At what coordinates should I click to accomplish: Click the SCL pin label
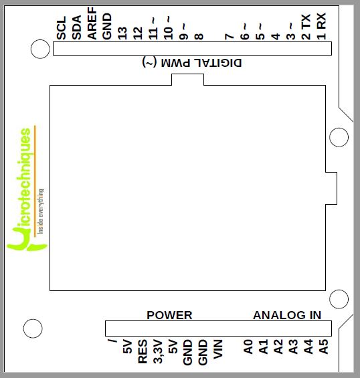pos(62,28)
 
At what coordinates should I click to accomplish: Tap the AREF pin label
pos(92,23)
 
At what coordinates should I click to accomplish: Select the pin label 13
pos(122,33)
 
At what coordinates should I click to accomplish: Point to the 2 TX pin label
pos(306,27)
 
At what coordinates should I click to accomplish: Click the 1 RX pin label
pos(321,26)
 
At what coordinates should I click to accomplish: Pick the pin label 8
pos(199,37)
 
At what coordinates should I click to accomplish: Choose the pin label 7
pos(230,37)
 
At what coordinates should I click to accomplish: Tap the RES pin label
pos(143,351)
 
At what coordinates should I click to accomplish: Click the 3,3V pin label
pos(158,351)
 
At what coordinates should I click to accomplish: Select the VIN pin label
pos(218,349)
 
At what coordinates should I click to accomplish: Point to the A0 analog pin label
pos(248,347)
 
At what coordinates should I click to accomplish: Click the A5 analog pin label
pos(324,347)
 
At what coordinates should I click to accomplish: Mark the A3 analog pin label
pos(294,347)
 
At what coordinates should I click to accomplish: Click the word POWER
pos(169,315)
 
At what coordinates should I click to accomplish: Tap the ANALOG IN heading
pos(287,315)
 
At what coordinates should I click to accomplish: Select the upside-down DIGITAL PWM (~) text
pos(192,63)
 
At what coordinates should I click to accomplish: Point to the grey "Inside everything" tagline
pos(41,211)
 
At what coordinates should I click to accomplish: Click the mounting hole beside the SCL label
pos(40,49)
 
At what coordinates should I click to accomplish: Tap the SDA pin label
pos(77,27)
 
